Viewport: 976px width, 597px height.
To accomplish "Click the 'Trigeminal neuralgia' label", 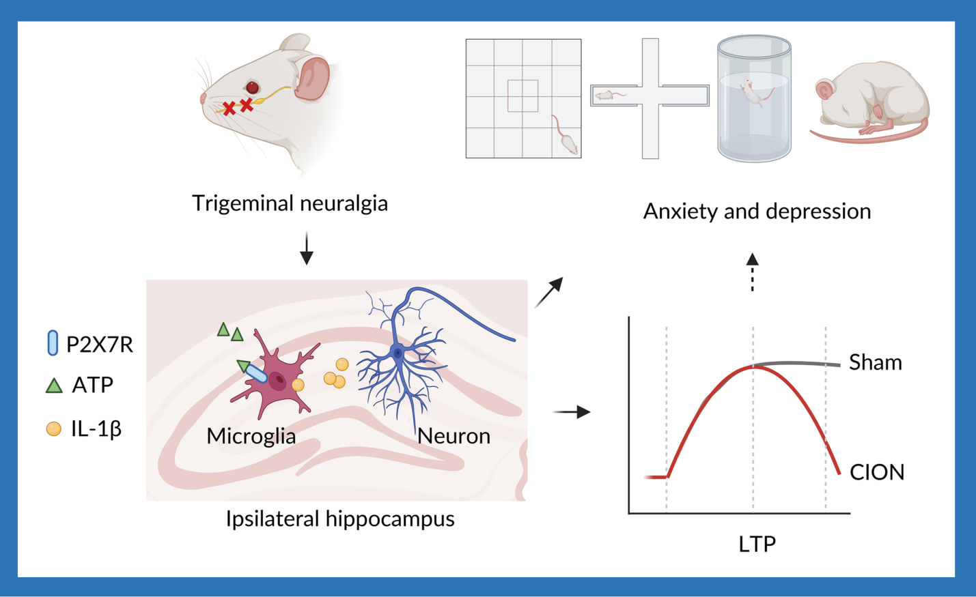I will pos(290,203).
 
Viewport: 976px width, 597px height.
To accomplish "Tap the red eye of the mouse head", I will pos(253,87).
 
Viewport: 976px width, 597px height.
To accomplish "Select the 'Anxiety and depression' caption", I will pos(757,212).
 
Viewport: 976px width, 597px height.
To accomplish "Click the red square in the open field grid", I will pos(522,96).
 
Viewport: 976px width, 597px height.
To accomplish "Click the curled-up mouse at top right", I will pos(871,102).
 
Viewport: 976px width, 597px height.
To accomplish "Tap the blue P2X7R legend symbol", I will pos(53,343).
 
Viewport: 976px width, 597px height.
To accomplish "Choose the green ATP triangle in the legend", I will pos(54,386).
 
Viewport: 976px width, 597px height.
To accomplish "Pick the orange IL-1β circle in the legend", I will pos(53,429).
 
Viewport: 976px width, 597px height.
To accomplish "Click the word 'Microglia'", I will pos(251,437).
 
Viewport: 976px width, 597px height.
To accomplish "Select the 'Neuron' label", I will pos(454,437).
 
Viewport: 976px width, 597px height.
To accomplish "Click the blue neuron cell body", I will pos(398,353).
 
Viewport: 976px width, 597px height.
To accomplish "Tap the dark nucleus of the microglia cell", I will pos(277,381).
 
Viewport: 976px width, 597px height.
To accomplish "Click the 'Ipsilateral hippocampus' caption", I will pos(340,519).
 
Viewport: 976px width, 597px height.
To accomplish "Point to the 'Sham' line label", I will pos(875,362).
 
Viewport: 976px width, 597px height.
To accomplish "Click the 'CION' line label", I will pos(876,472).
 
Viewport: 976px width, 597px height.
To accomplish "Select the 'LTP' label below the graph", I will pos(757,544).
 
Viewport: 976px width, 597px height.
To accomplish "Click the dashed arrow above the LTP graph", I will pos(752,272).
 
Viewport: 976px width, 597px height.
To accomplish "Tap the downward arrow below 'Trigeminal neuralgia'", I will pos(307,249).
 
